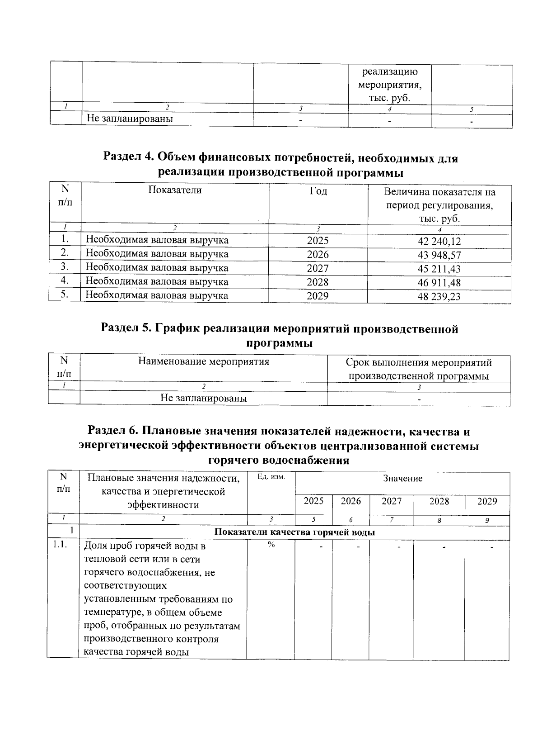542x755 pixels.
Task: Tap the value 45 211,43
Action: tap(439, 269)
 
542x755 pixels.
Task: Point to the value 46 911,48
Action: tap(439, 283)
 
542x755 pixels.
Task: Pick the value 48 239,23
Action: tap(439, 297)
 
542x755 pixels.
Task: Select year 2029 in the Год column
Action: tap(318, 296)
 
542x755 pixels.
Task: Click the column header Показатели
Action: tap(175, 190)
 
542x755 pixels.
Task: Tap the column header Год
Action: tap(318, 191)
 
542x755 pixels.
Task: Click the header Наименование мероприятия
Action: tap(204, 362)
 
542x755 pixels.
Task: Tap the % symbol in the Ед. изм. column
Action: tap(271, 545)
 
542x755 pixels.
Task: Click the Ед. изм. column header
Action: tap(271, 477)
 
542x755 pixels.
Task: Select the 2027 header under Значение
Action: tap(391, 501)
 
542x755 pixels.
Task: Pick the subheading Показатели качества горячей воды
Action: tap(294, 532)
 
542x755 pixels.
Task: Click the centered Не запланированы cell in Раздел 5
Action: tap(204, 399)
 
